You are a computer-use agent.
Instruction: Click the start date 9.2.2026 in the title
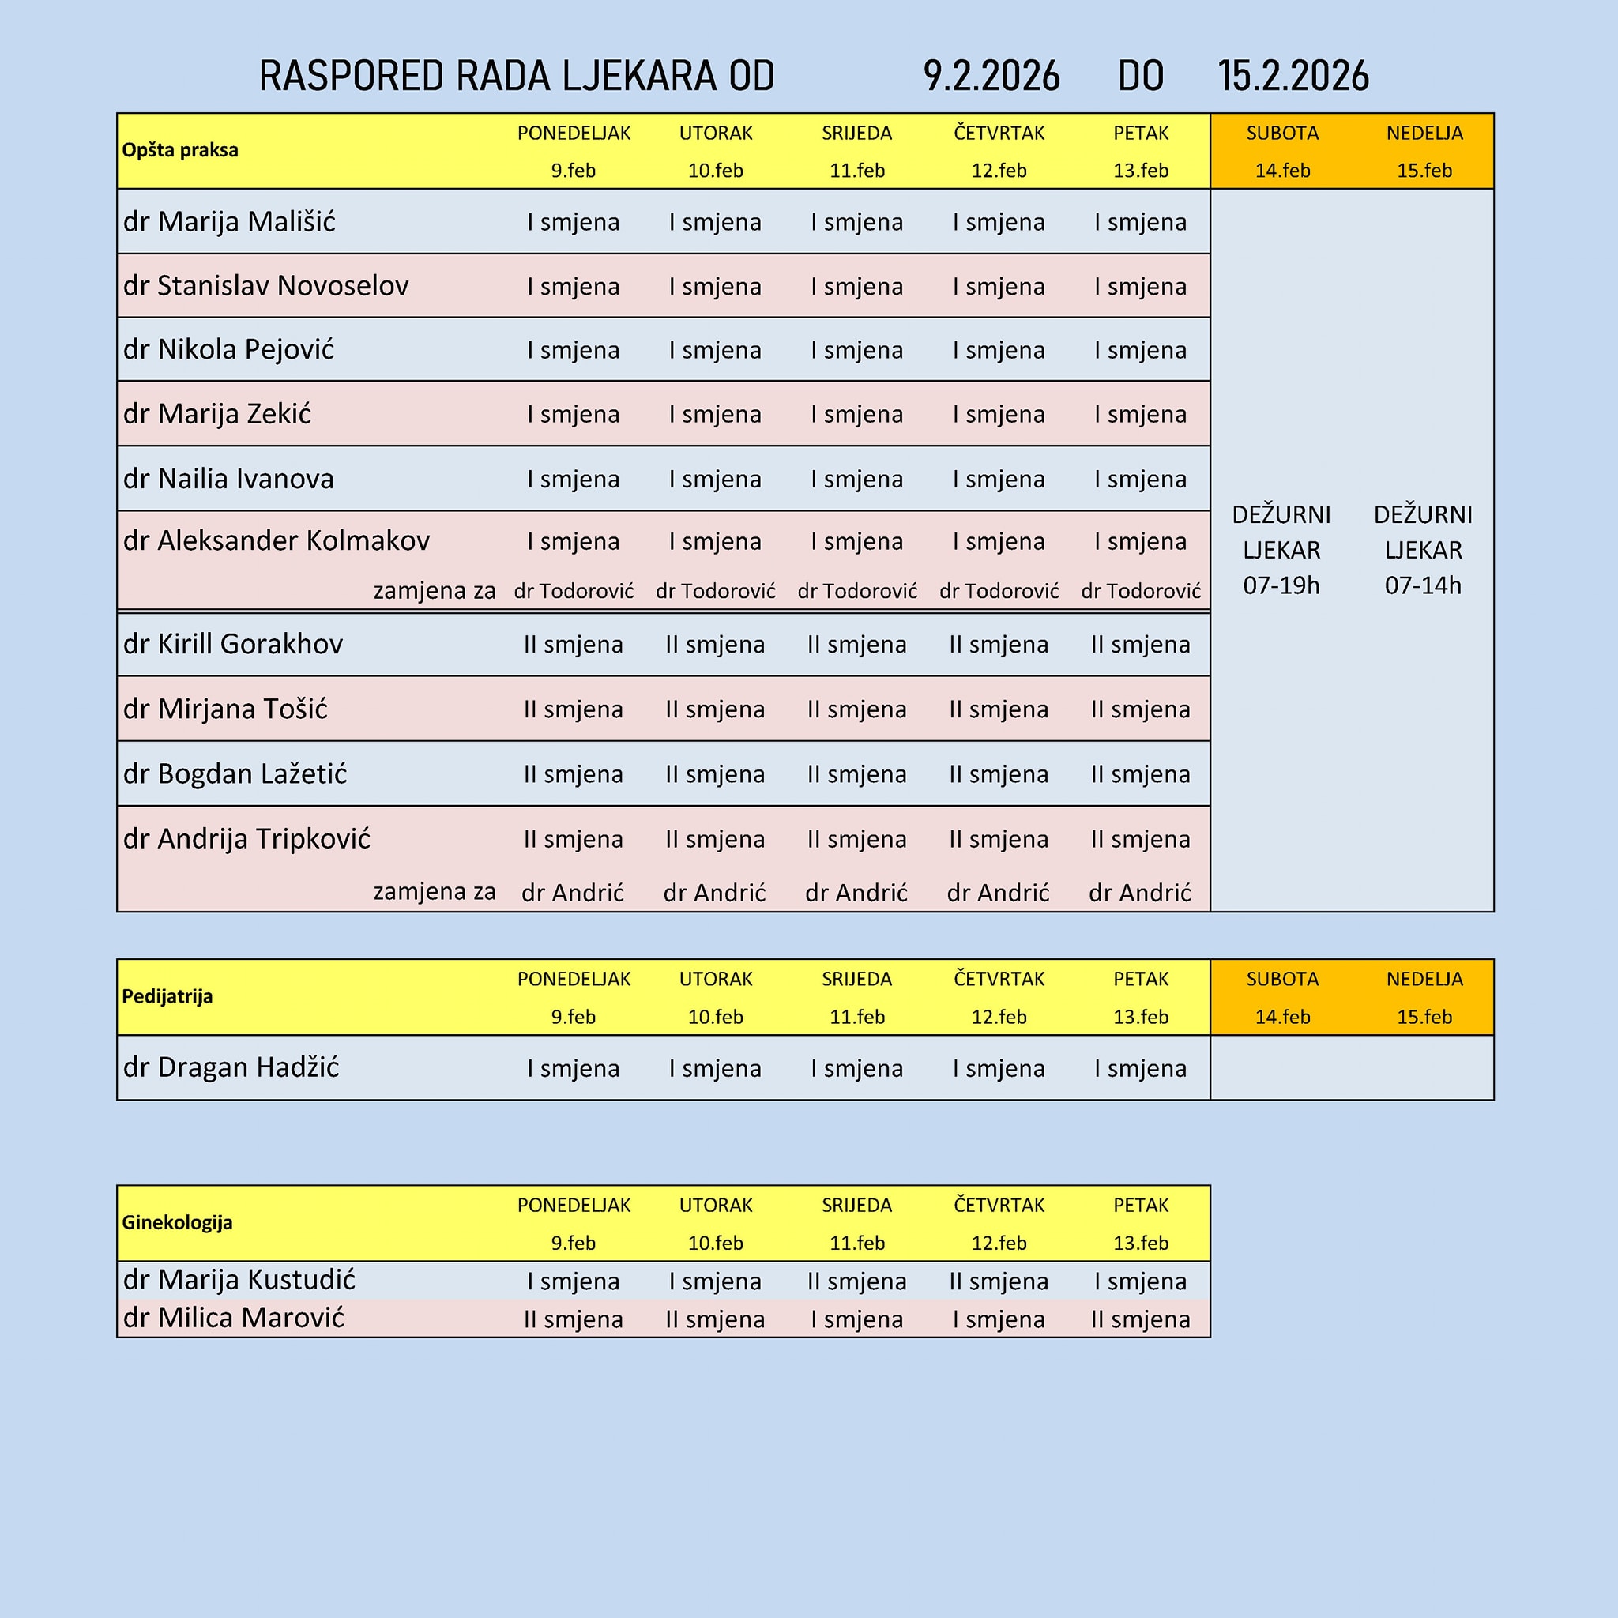(x=991, y=76)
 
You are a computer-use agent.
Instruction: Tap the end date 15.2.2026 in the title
(x=1293, y=76)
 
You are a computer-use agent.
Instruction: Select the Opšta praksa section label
(x=180, y=150)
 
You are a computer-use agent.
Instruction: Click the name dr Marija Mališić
(x=228, y=222)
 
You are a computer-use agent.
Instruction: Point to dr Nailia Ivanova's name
(x=228, y=479)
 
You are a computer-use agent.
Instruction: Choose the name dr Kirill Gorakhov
(x=233, y=644)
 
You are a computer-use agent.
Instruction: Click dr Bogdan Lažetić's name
(x=235, y=773)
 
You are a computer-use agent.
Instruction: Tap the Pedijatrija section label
(x=167, y=995)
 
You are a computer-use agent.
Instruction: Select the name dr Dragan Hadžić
(x=231, y=1068)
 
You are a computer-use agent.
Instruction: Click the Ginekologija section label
(x=178, y=1222)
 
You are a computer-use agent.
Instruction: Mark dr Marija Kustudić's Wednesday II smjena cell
(x=856, y=1281)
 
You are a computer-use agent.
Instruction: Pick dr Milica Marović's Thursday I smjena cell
(x=999, y=1319)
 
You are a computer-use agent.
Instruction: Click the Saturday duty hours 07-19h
(x=1281, y=585)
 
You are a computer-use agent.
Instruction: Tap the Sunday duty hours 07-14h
(x=1423, y=585)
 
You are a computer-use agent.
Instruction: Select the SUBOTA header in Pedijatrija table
(x=1282, y=979)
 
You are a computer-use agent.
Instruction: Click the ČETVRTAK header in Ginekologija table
(x=999, y=1205)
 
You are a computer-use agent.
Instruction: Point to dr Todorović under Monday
(x=574, y=591)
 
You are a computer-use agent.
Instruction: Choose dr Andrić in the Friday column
(x=1140, y=893)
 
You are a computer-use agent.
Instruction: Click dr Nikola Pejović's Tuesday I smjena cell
(x=715, y=350)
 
